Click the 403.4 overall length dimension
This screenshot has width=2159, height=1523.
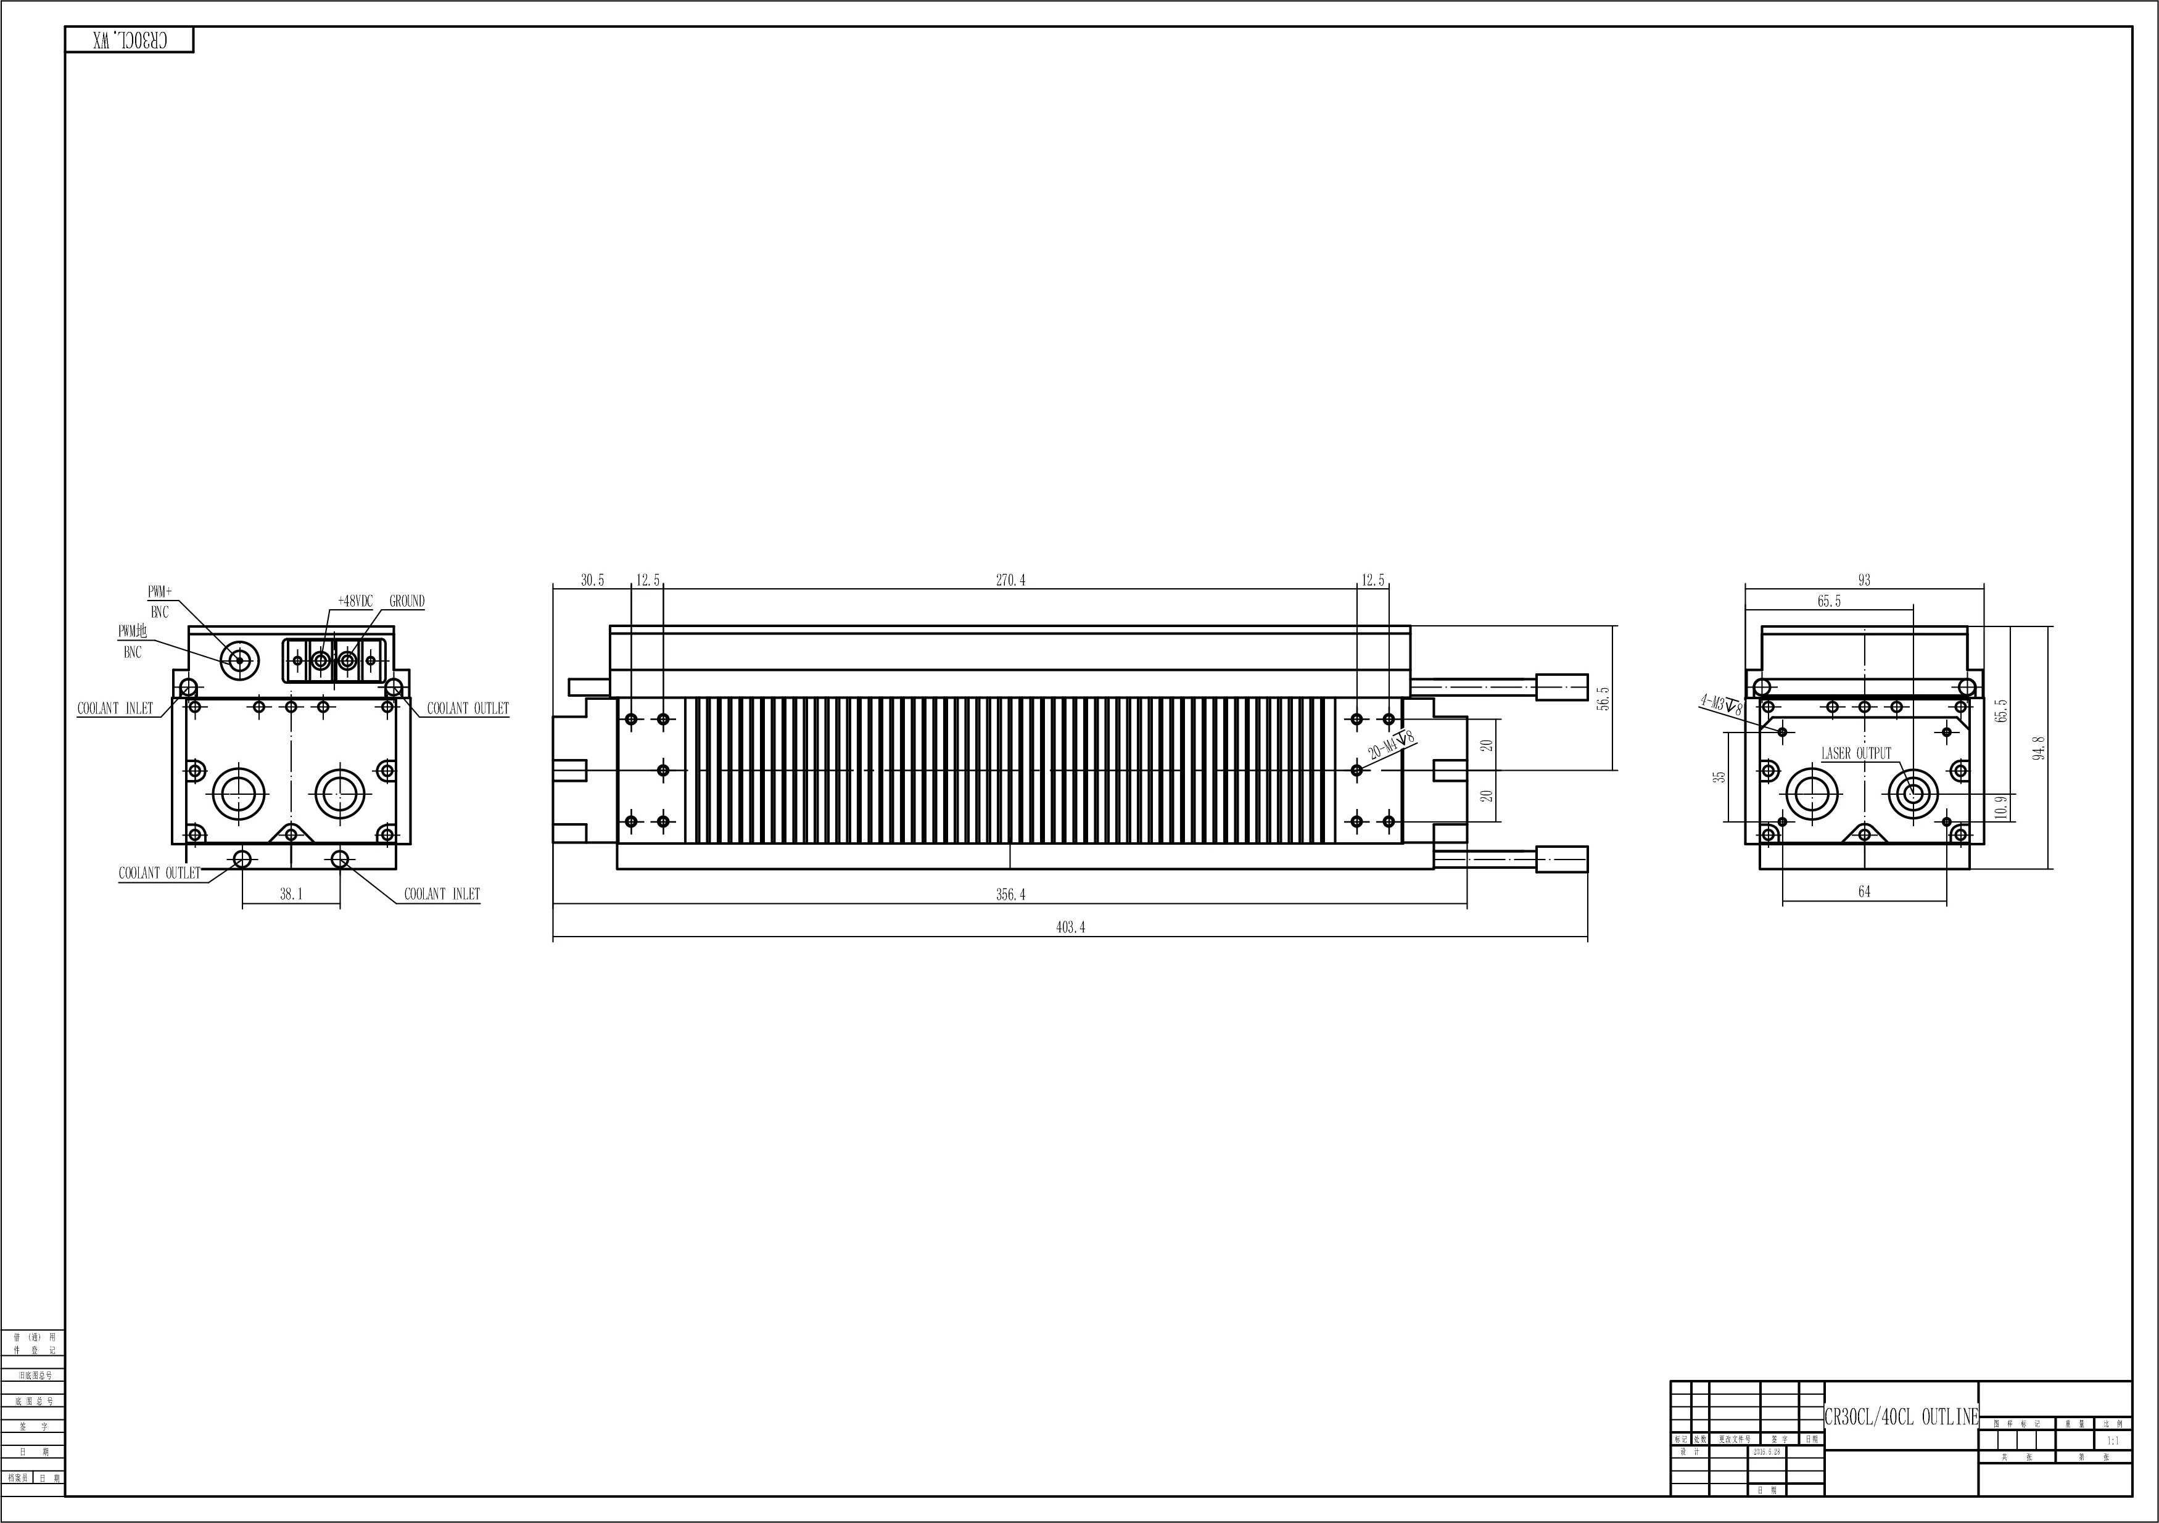[1070, 927]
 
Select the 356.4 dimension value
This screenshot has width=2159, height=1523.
[1011, 895]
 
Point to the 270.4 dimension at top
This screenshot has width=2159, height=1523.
[1011, 580]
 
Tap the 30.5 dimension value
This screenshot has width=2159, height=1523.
[592, 580]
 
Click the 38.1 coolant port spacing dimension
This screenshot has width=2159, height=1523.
[292, 894]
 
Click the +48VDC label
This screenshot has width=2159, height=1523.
[355, 601]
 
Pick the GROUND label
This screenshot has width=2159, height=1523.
[407, 601]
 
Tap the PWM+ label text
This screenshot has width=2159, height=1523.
[160, 591]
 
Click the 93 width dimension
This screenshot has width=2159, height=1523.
[1865, 580]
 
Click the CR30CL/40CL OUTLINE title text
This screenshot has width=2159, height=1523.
[1901, 1418]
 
